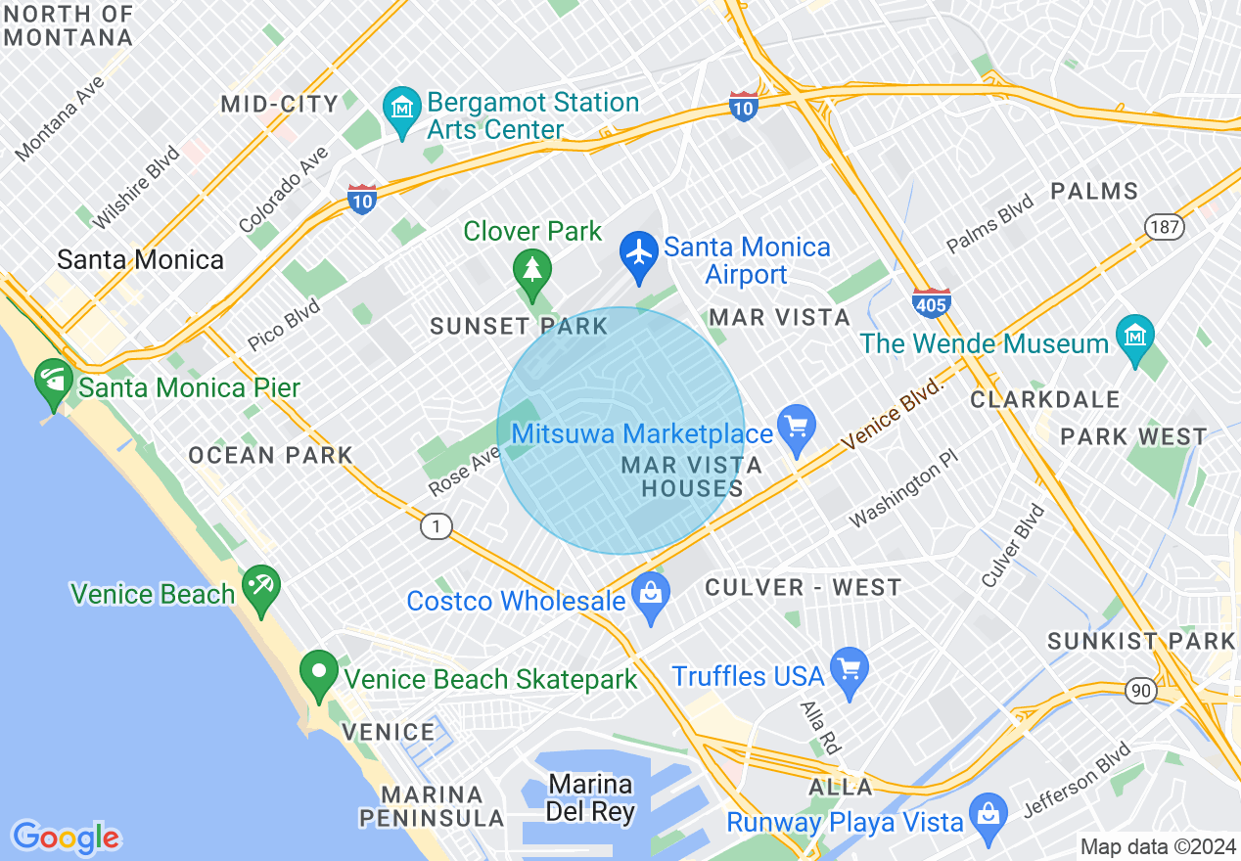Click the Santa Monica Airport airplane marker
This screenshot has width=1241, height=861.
click(x=639, y=253)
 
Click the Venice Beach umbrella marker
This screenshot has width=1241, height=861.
click(x=260, y=586)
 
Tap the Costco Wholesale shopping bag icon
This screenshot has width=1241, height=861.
click(x=649, y=594)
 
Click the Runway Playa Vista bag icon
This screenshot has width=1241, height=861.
click(x=988, y=813)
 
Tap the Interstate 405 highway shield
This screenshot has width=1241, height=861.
click(x=930, y=304)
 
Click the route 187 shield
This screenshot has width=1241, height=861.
click(x=1165, y=227)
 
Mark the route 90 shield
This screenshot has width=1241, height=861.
click(x=1140, y=691)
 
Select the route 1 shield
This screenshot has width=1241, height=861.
click(x=437, y=526)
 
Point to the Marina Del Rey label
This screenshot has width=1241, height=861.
click(x=591, y=797)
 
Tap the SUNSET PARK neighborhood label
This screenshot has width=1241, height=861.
click(x=519, y=326)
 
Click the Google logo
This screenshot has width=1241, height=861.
click(x=65, y=837)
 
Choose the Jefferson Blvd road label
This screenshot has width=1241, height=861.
click(x=1077, y=780)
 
